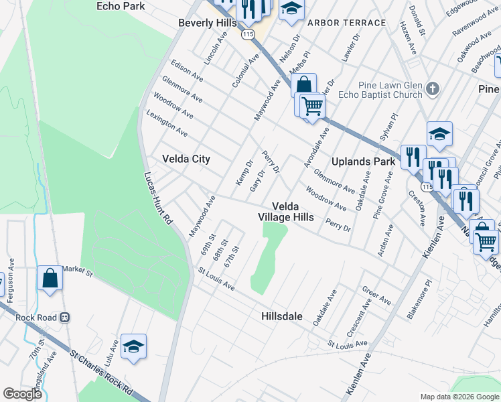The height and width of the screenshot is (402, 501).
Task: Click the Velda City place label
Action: (186, 159)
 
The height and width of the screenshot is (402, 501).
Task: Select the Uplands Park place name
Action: (364, 162)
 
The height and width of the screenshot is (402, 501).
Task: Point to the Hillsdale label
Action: (282, 316)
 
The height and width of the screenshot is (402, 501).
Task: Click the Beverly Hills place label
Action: (208, 23)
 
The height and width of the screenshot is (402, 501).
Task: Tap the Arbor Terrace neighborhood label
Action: (346, 23)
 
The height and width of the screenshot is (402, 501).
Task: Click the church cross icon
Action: (433, 88)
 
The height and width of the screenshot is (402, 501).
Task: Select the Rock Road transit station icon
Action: (65, 317)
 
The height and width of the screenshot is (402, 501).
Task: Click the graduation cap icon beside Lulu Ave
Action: (133, 347)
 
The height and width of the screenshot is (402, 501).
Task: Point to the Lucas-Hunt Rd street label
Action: (159, 198)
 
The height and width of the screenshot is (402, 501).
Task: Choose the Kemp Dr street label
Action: (243, 172)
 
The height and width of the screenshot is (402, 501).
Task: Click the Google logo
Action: (22, 394)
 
